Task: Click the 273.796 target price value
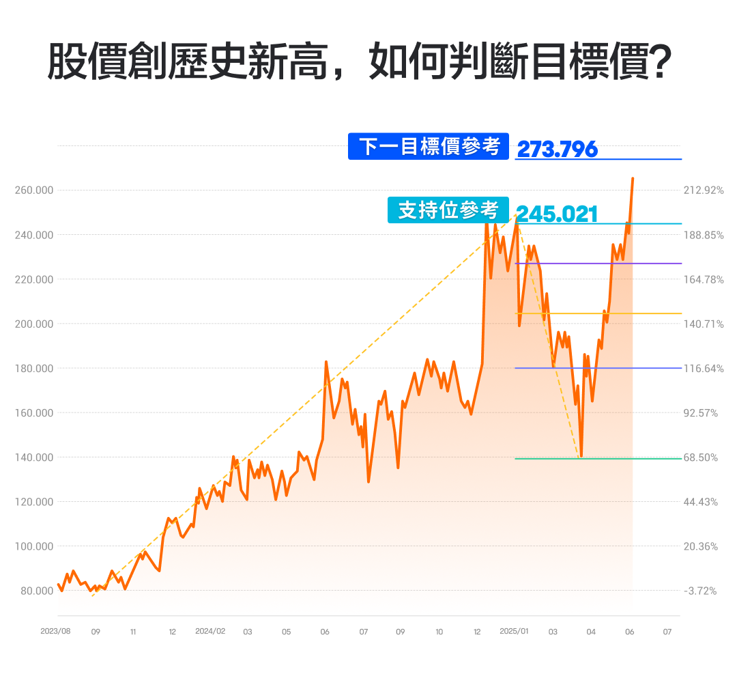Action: (557, 149)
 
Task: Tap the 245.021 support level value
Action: (557, 214)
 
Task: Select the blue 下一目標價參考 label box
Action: (429, 146)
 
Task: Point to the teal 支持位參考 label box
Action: (448, 210)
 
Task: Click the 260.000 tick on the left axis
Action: (33, 190)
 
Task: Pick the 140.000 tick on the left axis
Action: (33, 457)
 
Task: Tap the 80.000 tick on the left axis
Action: (35, 591)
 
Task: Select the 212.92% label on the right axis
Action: (703, 190)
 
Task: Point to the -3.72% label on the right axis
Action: (700, 591)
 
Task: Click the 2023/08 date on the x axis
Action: (56, 632)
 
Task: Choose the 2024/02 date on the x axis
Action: (210, 632)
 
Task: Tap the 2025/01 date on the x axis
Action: (514, 632)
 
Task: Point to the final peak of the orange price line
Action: (633, 179)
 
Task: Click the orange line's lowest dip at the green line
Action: (581, 455)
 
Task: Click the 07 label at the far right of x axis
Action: (667, 632)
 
